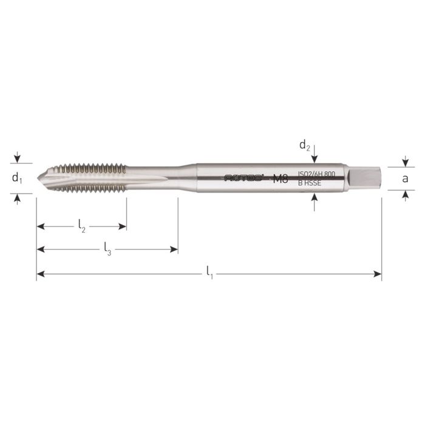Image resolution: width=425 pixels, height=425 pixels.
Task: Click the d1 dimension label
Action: click(18, 178)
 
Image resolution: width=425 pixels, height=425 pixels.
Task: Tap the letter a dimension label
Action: click(405, 178)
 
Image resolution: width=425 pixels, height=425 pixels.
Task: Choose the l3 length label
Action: click(107, 248)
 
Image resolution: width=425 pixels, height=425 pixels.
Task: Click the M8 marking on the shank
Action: click(280, 178)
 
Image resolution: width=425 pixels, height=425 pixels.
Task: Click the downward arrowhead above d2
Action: click(314, 160)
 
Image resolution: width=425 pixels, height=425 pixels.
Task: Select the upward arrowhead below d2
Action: click(314, 198)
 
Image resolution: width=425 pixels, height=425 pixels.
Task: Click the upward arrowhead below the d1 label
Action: click(18, 195)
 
